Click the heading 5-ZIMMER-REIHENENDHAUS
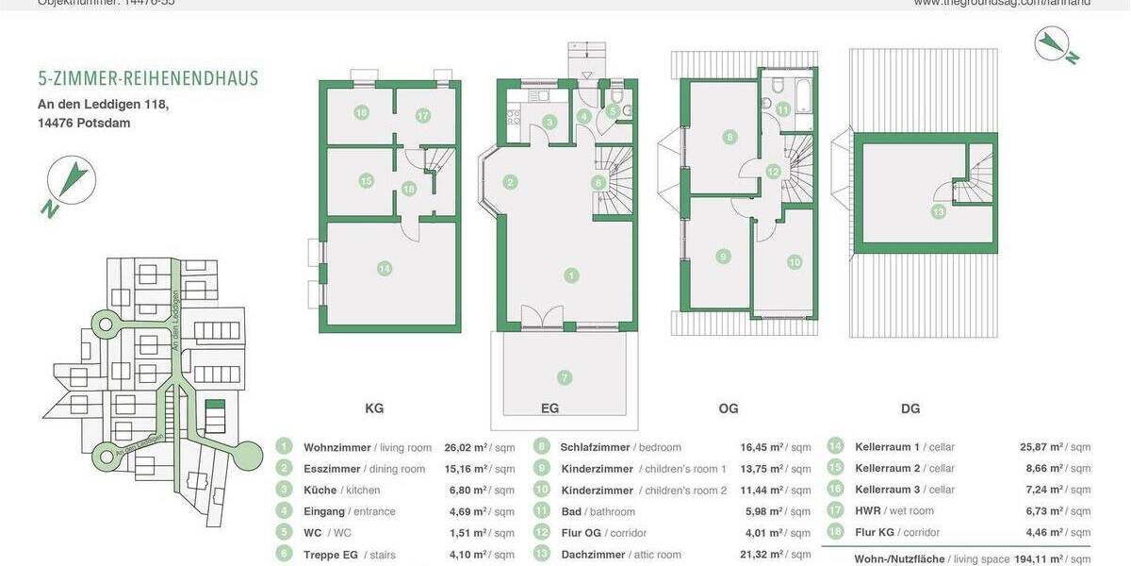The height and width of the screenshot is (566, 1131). pyautogui.click(x=148, y=78)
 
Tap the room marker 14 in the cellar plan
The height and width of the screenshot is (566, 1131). pyautogui.click(x=384, y=269)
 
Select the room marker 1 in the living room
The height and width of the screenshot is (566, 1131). pyautogui.click(x=571, y=275)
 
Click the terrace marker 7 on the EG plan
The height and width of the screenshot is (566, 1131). pyautogui.click(x=565, y=377)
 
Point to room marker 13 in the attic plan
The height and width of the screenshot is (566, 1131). pyautogui.click(x=938, y=212)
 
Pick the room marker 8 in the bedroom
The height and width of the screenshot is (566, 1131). pyautogui.click(x=729, y=137)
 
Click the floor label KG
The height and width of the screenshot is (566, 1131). pyautogui.click(x=374, y=408)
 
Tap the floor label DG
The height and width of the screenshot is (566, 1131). pyautogui.click(x=910, y=408)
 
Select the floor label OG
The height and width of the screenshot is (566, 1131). pyautogui.click(x=729, y=408)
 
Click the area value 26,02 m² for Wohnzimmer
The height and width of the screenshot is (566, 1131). pyautogui.click(x=466, y=447)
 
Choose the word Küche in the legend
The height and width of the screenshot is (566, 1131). pyautogui.click(x=320, y=491)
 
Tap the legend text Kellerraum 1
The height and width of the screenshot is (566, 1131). pyautogui.click(x=887, y=447)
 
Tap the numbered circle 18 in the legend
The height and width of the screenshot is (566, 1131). pyautogui.click(x=835, y=533)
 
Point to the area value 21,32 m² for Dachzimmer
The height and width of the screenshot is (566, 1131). pyautogui.click(x=762, y=555)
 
